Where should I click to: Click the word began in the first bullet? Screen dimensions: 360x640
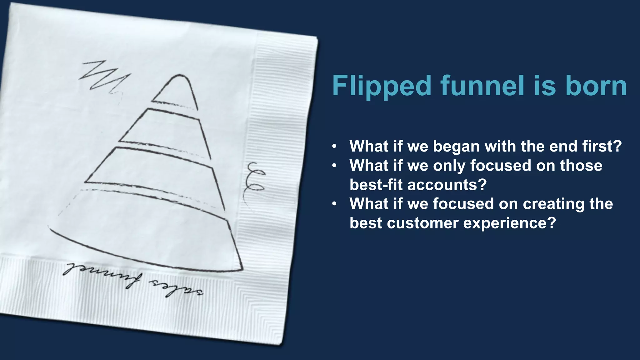456,146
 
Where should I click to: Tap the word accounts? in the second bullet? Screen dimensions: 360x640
447,185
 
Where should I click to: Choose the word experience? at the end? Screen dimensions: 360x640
509,223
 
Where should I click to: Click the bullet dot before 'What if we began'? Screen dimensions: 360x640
334,146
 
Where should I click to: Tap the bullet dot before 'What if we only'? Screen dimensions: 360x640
334,166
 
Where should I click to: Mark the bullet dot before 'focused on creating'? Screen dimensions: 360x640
334,204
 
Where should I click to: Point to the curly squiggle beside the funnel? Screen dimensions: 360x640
255,178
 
